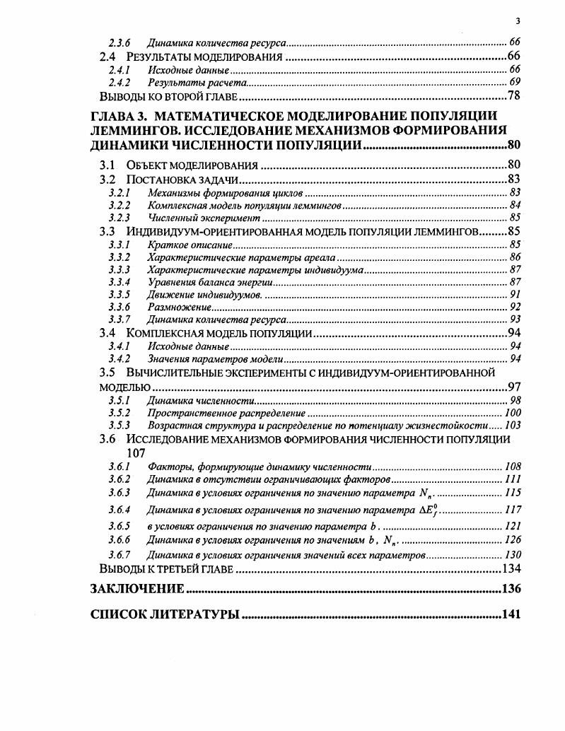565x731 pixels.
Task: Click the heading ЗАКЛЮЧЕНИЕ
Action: tap(138, 589)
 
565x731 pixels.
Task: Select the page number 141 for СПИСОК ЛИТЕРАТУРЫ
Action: tap(511, 614)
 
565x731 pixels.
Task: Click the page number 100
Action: tap(513, 413)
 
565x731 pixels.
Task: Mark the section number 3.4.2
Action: tap(119, 359)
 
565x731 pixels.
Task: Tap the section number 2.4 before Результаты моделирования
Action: tap(109, 57)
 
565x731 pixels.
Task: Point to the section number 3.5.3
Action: tap(119, 426)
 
